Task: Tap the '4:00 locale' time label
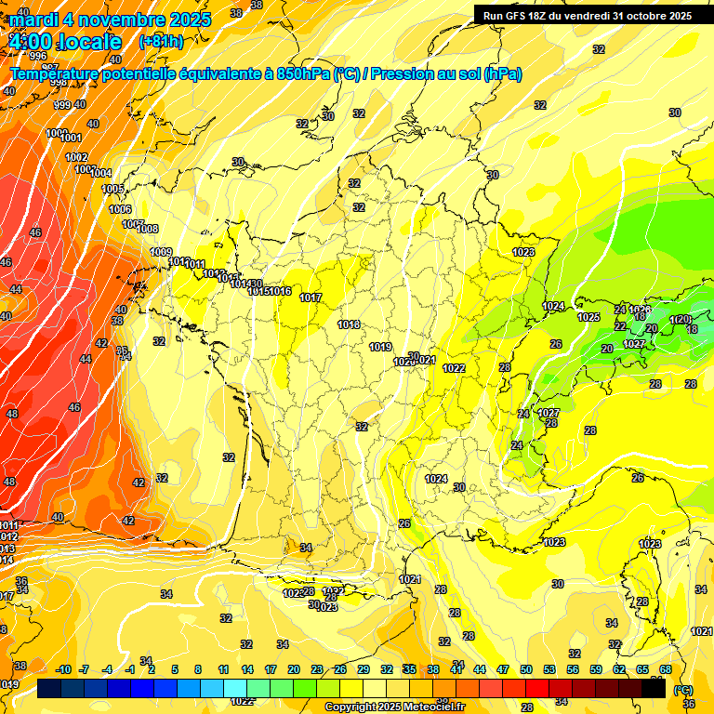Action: coord(65,42)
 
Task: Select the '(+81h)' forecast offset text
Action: coord(161,42)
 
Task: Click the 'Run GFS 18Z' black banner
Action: coord(587,16)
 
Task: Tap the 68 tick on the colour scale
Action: coord(666,669)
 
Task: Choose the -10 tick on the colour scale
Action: coord(64,669)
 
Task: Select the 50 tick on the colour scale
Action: coord(526,669)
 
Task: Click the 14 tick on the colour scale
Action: coord(247,669)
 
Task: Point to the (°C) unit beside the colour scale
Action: coord(682,690)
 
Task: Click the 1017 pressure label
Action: coord(311,298)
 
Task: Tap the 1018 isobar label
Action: coord(349,324)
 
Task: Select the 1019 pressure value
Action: coord(380,347)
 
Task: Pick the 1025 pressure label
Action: coord(588,317)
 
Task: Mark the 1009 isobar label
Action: coord(161,252)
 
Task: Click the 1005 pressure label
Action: coord(112,189)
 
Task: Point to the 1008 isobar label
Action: coord(148,229)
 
